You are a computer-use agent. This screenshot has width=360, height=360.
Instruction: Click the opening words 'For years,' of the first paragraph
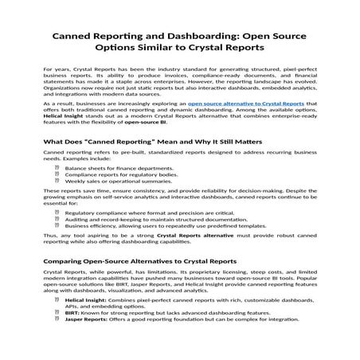click(58, 71)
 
